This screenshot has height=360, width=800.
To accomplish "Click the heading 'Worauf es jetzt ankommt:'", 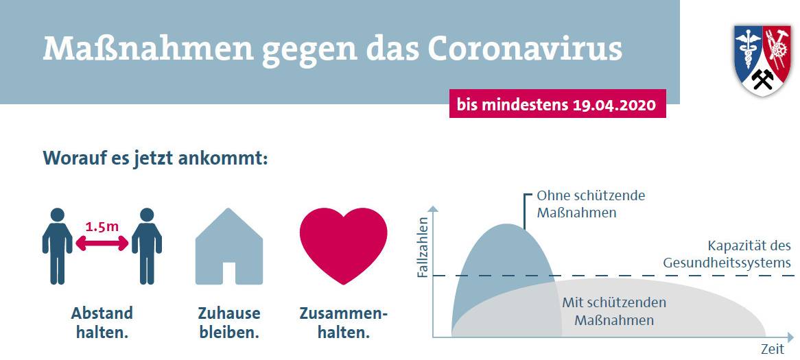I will (x=155, y=158).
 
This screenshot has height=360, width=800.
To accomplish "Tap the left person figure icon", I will (x=57, y=246).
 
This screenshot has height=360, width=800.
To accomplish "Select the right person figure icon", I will (x=147, y=246).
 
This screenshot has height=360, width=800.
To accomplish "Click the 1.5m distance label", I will (x=102, y=225).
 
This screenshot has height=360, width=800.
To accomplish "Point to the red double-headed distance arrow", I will (x=102, y=243).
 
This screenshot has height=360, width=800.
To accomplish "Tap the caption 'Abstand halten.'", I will (x=102, y=323).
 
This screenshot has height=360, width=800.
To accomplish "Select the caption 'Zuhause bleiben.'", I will (x=229, y=323).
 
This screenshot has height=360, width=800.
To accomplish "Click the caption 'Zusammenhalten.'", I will (x=344, y=323).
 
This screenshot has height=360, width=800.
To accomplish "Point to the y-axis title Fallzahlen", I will (x=423, y=248).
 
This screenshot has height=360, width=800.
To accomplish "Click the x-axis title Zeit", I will (x=772, y=349).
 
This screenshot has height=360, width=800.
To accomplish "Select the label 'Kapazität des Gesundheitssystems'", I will (x=727, y=254).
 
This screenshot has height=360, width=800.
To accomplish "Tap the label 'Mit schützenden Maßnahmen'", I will (x=614, y=311).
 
